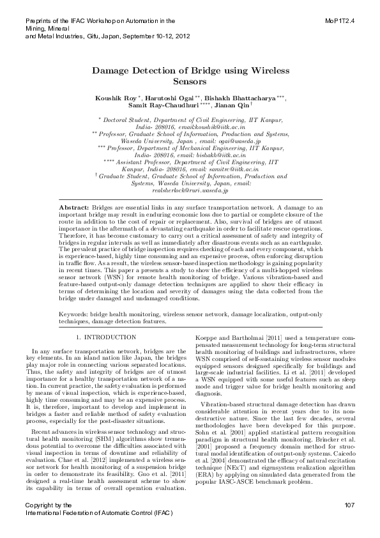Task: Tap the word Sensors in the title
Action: pyautogui.click(x=189, y=82)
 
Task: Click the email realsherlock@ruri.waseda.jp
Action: pyautogui.click(x=190, y=190)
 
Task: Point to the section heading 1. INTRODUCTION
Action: pyautogui.click(x=105, y=336)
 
